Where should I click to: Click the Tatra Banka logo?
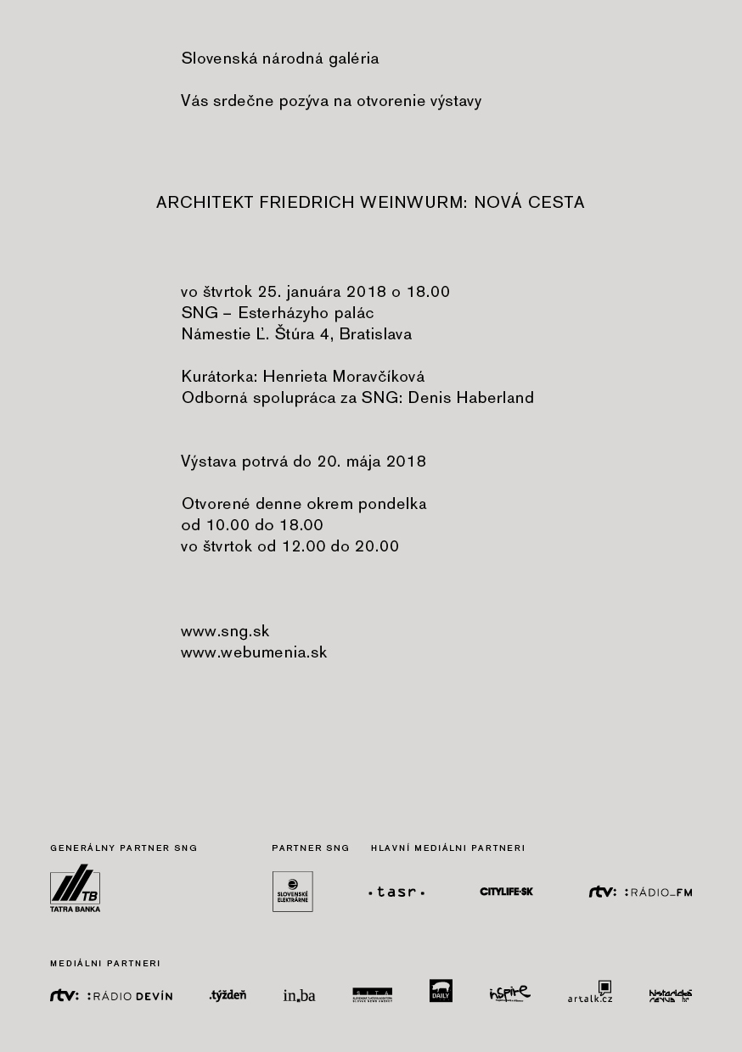coord(75,888)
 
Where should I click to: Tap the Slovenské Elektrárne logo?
coord(292,892)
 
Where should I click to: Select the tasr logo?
coord(396,892)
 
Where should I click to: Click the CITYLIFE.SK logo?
coord(506,892)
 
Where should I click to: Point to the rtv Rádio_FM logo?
coord(640,892)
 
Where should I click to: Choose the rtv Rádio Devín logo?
coord(111,995)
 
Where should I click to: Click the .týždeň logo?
coord(228,994)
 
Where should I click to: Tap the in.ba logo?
coord(299,994)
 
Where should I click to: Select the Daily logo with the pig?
coord(441,991)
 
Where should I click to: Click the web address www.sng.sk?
coord(225,631)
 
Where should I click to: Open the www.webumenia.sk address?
coord(254,652)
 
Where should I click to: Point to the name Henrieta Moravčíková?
coord(344,377)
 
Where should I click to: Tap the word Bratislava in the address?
coord(375,334)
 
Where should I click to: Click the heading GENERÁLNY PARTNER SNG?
coord(124,848)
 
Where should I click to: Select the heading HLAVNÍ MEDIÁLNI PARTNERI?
coord(448,848)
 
